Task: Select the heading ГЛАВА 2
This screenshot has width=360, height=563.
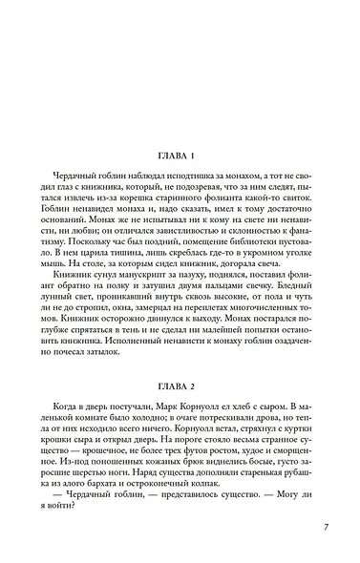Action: [180, 360]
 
